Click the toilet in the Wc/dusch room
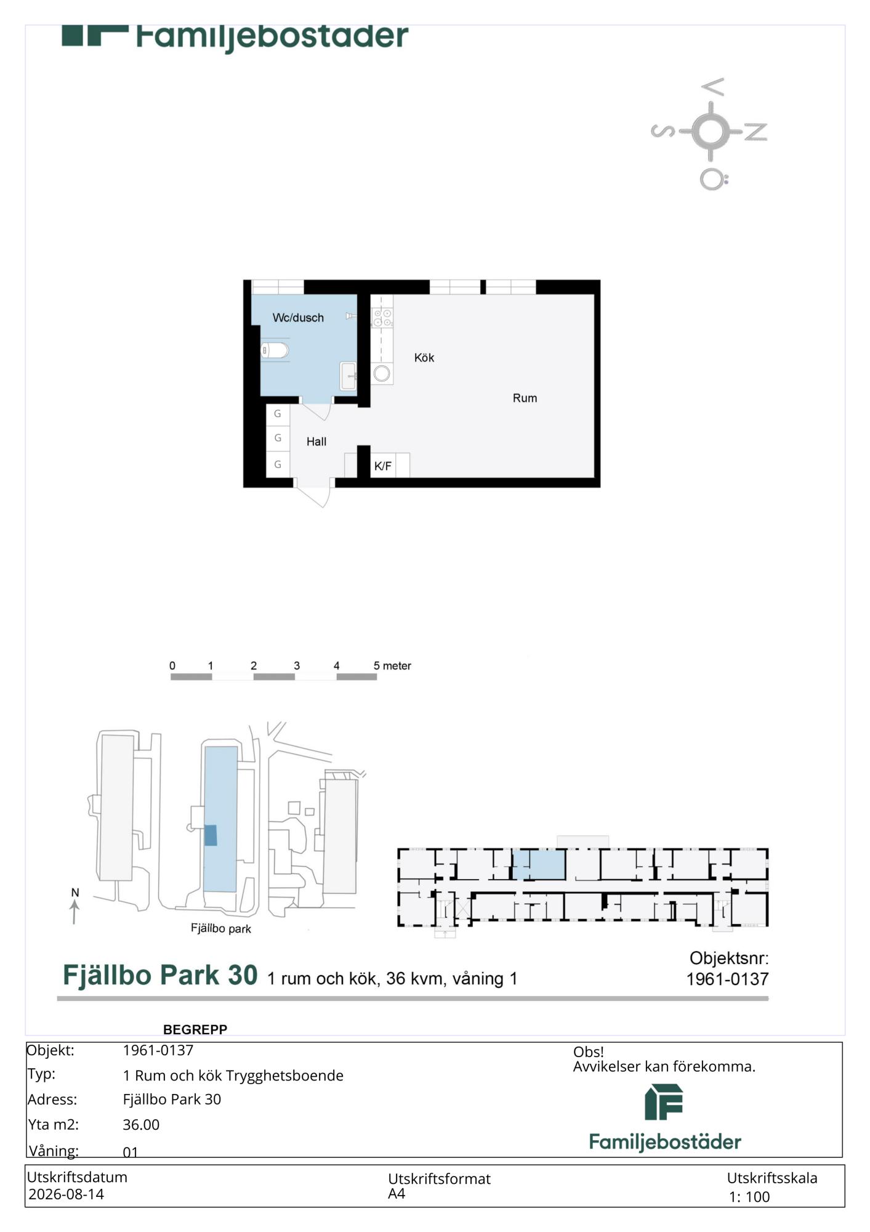[275, 351]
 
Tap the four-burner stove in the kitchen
[382, 318]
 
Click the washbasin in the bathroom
[348, 376]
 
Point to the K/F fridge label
[383, 466]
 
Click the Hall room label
[316, 442]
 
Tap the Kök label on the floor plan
[424, 358]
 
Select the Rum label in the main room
[525, 399]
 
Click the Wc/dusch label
[298, 318]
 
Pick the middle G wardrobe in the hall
[278, 438]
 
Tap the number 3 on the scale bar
[297, 666]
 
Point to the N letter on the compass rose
[756, 132]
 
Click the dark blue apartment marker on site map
[211, 835]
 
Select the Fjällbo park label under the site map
[220, 928]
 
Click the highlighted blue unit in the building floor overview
[539, 864]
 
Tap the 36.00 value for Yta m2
[141, 1125]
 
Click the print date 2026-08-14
[66, 1194]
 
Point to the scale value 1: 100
[749, 1197]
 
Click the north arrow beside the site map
[75, 912]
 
